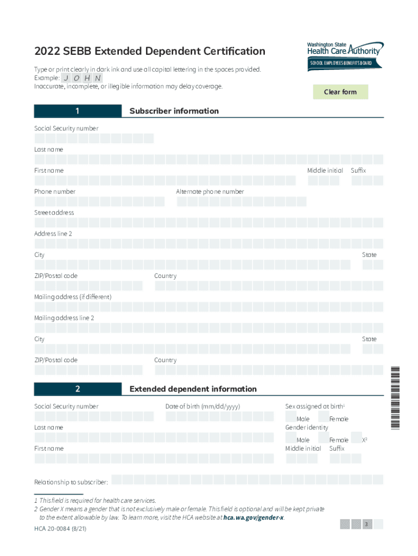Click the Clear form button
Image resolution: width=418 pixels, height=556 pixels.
click(340, 92)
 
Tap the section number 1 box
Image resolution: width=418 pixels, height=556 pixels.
click(78, 111)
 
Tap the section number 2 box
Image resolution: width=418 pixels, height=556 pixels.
click(78, 389)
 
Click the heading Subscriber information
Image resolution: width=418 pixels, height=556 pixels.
click(174, 111)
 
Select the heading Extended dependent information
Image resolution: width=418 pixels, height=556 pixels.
click(193, 389)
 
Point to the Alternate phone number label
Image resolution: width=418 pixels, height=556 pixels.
click(210, 192)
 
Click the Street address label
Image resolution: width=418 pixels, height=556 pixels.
click(54, 213)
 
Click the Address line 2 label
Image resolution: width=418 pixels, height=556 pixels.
click(53, 233)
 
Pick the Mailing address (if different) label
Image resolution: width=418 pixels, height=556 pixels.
click(73, 297)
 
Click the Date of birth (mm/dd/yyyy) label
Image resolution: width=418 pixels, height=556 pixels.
click(202, 407)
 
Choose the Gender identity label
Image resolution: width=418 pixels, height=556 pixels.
click(307, 428)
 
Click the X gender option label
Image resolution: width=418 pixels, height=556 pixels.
click(364, 440)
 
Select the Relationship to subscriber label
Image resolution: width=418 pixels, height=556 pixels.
click(71, 482)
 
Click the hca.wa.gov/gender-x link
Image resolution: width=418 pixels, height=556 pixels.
click(253, 518)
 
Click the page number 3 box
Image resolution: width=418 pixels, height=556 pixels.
click(367, 524)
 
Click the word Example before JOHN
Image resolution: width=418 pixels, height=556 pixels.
click(46, 78)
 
